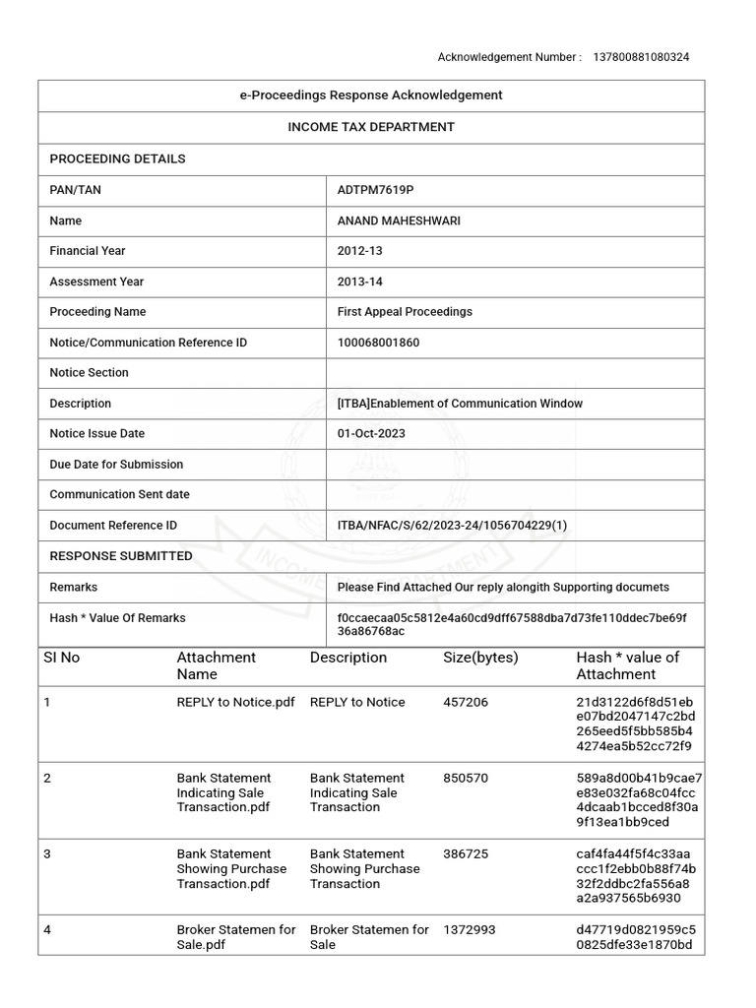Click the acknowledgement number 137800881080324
point(641,57)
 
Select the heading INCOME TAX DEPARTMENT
point(371,127)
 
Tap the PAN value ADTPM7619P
point(369,190)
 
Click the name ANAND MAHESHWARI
point(399,220)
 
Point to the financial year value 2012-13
point(359,251)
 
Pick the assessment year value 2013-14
point(359,282)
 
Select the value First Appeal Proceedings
point(405,312)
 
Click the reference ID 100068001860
point(378,343)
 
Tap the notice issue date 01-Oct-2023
point(371,433)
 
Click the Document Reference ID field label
point(113,526)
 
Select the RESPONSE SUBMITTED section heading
point(121,556)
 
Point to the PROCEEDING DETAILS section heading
point(117,158)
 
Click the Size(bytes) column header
point(480,658)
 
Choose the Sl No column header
point(61,658)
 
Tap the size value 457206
point(466,702)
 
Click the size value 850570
point(466,778)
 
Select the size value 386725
point(466,853)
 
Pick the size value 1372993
point(470,929)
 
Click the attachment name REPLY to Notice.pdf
point(235,702)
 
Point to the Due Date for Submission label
point(116,465)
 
